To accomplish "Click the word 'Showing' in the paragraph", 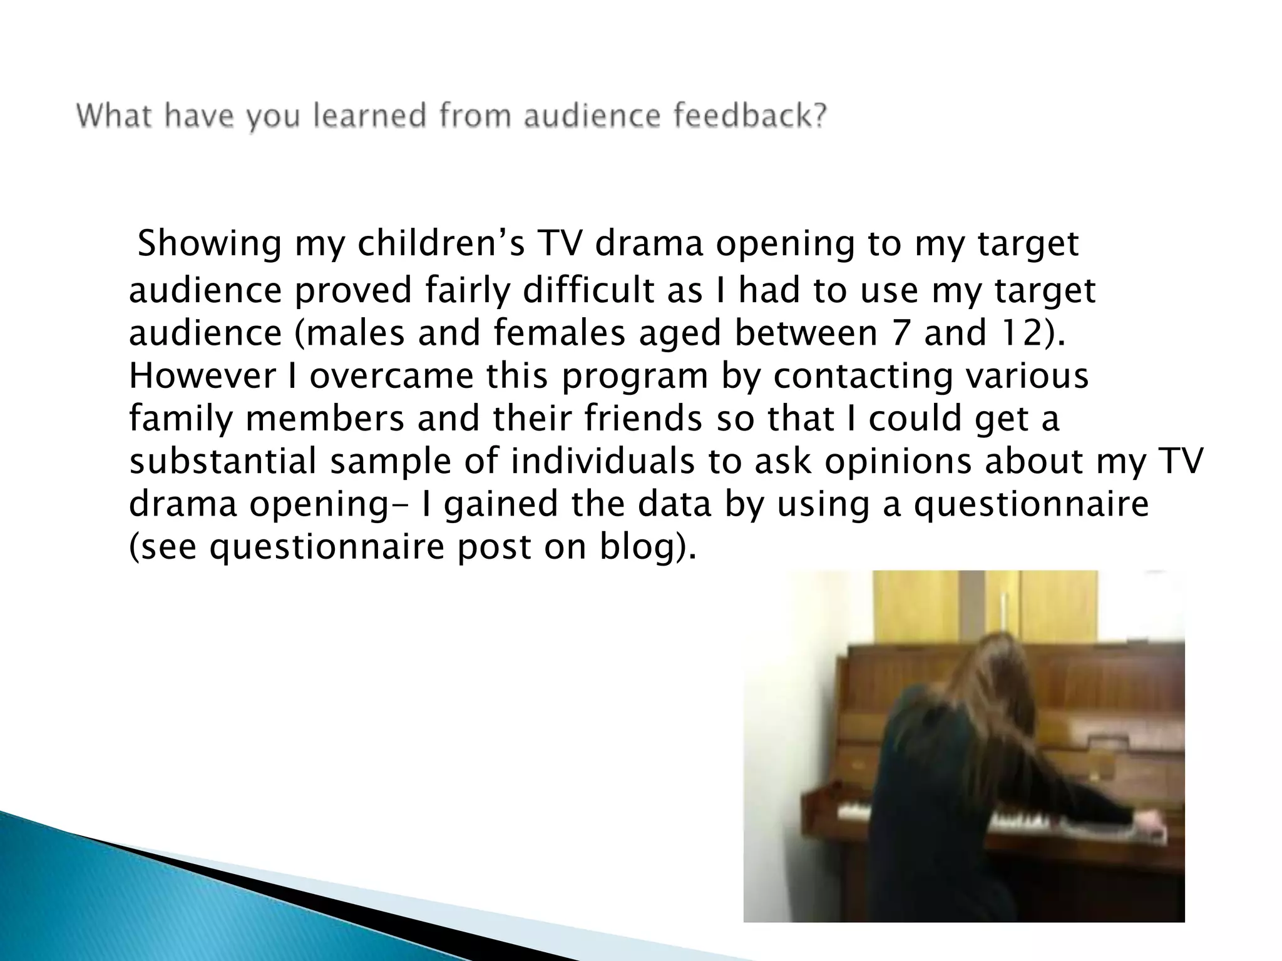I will coord(209,245).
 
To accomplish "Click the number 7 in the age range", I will coord(899,333).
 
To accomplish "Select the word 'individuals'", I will coord(602,462).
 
